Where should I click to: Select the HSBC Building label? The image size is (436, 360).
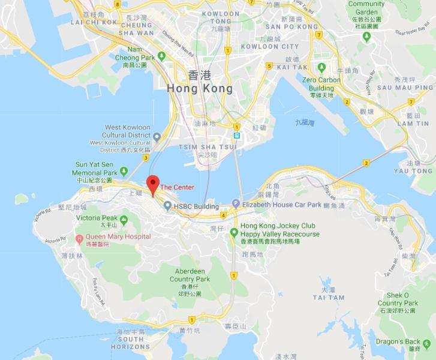click(x=196, y=206)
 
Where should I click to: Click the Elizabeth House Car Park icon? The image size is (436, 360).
click(x=236, y=205)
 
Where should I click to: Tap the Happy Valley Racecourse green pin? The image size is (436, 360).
click(x=234, y=232)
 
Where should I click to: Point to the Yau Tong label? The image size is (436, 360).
click(x=414, y=170)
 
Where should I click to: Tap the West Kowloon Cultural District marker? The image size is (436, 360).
click(x=157, y=136)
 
